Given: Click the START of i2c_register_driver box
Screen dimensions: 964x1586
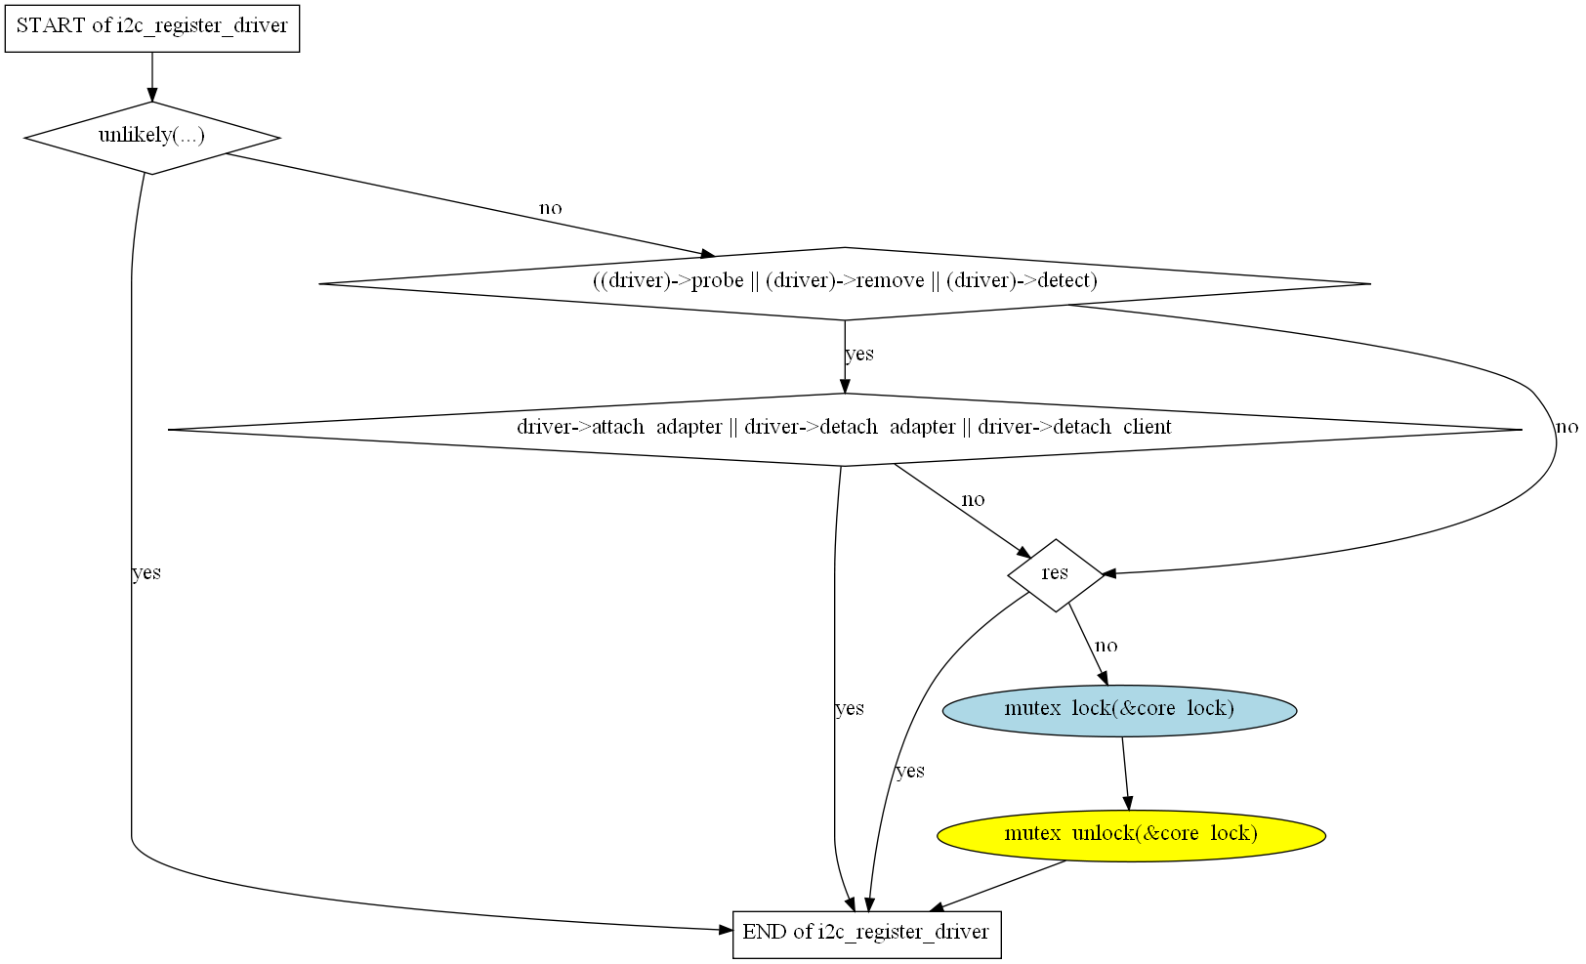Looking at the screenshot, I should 152,26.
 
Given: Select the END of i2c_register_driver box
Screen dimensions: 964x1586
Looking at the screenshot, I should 866,933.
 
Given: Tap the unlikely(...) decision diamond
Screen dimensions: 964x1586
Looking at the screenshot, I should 152,137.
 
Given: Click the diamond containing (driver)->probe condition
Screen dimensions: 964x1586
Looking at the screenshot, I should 845,282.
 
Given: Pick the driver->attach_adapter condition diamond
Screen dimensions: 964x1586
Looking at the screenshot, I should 845,429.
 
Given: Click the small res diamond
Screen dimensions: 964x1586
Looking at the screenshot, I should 1055,574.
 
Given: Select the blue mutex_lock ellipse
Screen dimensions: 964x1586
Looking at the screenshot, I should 1119,709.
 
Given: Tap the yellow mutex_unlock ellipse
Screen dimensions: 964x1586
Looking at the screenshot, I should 1131,835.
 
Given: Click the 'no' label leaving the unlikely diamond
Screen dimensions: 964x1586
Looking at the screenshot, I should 551,208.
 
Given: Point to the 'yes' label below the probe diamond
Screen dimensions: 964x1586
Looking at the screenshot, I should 859,354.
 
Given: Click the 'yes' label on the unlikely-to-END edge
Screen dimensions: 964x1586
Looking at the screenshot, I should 146,573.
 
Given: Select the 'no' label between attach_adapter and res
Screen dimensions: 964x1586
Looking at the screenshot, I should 973,500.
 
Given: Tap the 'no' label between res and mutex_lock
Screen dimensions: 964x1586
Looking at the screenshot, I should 1106,646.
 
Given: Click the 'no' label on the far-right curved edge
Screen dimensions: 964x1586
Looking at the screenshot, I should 1566,427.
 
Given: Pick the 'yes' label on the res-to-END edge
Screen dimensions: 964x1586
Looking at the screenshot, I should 910,772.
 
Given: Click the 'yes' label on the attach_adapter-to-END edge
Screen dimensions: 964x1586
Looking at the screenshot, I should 850,709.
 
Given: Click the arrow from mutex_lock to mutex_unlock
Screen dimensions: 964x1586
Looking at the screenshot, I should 1125,773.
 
